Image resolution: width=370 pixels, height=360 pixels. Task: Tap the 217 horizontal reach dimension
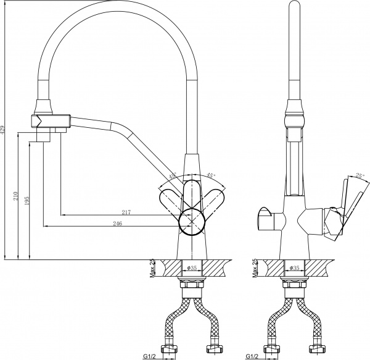click(x=126, y=213)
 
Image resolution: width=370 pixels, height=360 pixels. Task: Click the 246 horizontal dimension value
click(x=117, y=224)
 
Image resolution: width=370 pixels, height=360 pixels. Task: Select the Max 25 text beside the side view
click(x=254, y=270)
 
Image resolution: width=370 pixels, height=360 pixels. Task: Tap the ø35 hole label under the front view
click(x=192, y=269)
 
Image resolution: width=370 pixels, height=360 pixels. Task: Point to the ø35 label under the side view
click(x=294, y=269)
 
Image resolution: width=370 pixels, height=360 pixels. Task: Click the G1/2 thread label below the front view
click(x=150, y=356)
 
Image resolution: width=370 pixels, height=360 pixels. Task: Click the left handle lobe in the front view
click(x=171, y=201)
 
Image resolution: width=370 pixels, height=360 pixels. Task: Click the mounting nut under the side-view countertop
click(x=294, y=285)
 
